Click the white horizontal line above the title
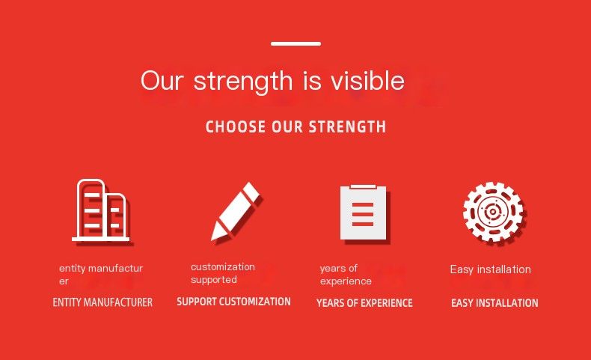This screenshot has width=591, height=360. pos(295,43)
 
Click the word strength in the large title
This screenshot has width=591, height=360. pos(242,82)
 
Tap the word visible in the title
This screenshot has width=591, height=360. pos(367,80)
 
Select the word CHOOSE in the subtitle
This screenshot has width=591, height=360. pos(236,126)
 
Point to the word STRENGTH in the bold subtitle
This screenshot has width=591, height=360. pos(348,126)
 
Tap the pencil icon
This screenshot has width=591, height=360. pos(235,212)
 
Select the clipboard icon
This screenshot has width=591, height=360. pos(363,213)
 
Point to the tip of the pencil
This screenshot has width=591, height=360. pos(212,240)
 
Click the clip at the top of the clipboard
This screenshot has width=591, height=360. pos(363,186)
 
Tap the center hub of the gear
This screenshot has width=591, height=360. pos(492,212)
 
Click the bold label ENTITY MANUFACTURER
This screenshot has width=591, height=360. pos(102,302)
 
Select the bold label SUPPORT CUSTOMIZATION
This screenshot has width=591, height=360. pos(233,302)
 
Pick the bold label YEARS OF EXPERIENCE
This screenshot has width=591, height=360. pos(364,302)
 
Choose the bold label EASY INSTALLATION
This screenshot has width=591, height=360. pos(494,302)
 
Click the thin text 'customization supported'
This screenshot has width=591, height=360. pos(223,273)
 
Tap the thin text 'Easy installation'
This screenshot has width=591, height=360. pos(490,269)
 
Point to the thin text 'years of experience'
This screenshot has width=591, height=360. pos(346,275)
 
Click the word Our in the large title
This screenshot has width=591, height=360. pos(162,80)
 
